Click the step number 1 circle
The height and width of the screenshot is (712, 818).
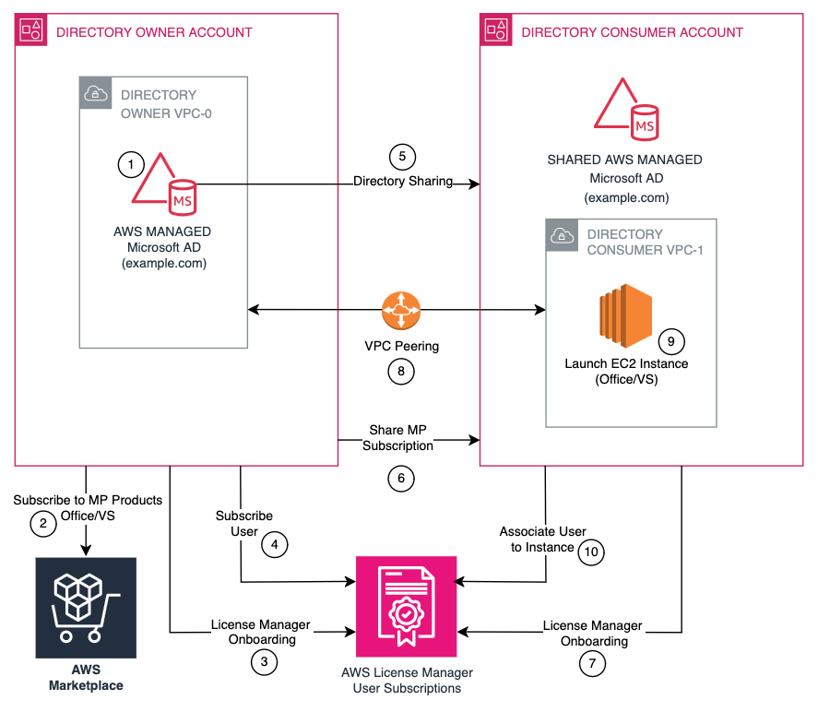tap(132, 165)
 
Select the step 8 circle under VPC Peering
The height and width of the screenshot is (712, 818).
tap(403, 372)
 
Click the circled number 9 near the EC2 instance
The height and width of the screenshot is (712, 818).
tap(672, 340)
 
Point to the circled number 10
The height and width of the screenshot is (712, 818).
tap(591, 552)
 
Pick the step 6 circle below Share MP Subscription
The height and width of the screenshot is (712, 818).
tap(401, 478)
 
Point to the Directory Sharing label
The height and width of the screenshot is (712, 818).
tap(402, 181)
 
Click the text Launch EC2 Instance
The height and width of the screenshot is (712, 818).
tap(626, 363)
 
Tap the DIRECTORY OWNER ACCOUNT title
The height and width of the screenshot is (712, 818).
tap(154, 32)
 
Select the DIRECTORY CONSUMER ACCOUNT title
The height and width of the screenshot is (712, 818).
tap(632, 32)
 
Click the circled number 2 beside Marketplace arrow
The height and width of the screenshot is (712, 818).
tap(42, 525)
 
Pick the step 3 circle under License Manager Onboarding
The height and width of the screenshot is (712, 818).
tap(264, 660)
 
